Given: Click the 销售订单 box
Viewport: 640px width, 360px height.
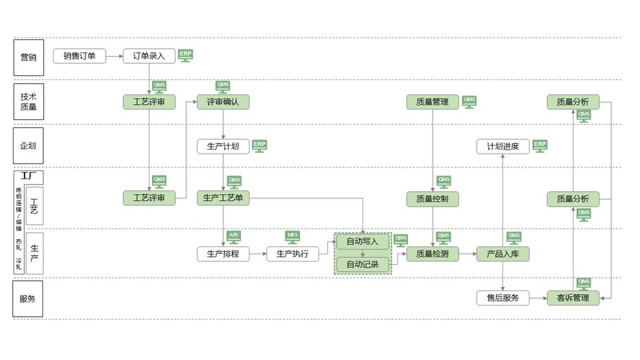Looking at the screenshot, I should pos(80,56).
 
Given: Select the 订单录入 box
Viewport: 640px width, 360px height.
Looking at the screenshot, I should pos(149,56).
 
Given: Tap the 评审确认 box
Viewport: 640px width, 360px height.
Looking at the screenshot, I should pos(223,102).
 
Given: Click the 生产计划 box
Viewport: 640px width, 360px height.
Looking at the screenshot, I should pos(223,146).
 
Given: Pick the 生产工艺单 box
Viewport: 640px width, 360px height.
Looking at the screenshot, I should pos(223,198).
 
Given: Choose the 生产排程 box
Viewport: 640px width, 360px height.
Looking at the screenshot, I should pos(223,254).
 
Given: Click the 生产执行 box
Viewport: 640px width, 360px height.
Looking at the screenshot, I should pos(293,254).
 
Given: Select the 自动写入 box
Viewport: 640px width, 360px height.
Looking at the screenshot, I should pos(362,241).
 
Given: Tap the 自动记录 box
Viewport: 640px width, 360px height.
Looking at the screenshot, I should pos(362,264).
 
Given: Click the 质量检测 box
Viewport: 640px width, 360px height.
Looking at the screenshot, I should pos(433,254).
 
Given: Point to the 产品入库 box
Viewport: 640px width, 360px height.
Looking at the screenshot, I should pos(503,254).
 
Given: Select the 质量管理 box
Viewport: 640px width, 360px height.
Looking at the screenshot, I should pos(433,102).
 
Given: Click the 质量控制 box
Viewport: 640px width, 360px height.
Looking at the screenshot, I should pos(433,198).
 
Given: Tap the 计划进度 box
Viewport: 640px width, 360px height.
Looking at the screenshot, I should pos(503,146).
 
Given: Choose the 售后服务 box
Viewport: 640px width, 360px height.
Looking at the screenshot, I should pos(503,298).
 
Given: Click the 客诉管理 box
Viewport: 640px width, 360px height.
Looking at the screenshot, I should pos(573,298).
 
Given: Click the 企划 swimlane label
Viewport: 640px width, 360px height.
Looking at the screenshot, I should pos(29,146).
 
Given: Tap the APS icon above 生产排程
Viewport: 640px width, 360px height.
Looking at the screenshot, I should pos(234,236).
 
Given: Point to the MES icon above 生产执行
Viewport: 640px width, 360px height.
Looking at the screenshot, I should pos(293,236).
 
